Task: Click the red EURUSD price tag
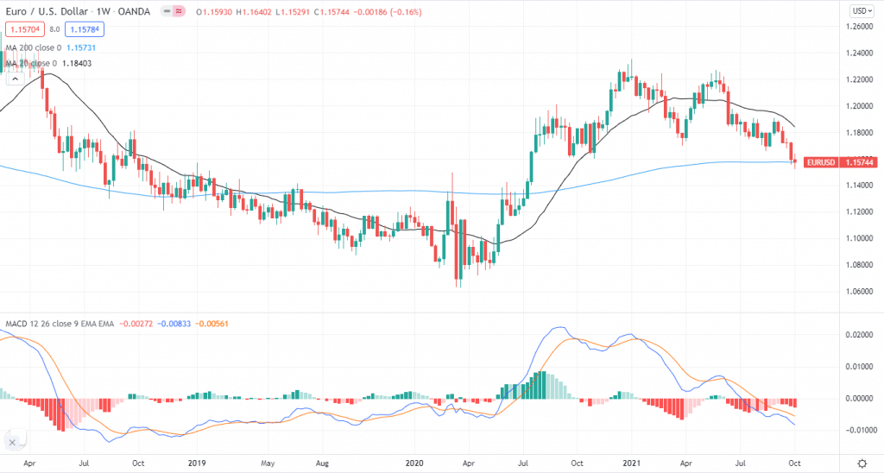click(838, 161)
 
